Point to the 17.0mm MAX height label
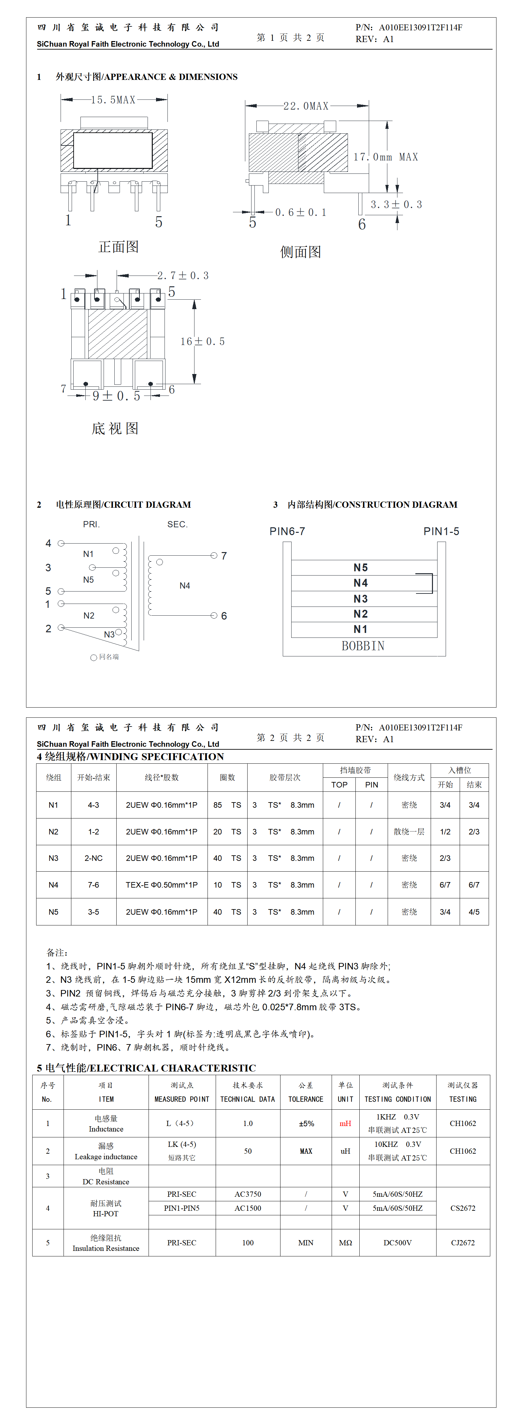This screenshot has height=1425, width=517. [x=386, y=157]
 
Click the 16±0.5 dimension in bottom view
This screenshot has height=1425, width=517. [x=202, y=342]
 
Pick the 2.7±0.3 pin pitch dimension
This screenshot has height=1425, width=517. [x=182, y=276]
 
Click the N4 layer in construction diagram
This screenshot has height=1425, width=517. [x=361, y=583]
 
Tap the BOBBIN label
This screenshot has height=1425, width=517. [x=363, y=646]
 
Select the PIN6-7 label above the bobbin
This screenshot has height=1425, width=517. [x=287, y=532]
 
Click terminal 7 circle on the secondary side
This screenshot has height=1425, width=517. [x=214, y=555]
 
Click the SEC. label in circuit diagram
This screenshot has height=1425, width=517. [x=178, y=524]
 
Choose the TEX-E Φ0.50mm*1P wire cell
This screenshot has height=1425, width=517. [x=162, y=885]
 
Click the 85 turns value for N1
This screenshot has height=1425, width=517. [x=218, y=805]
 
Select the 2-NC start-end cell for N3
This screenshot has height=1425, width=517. [x=93, y=858]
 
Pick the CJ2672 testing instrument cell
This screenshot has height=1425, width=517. [x=463, y=1242]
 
